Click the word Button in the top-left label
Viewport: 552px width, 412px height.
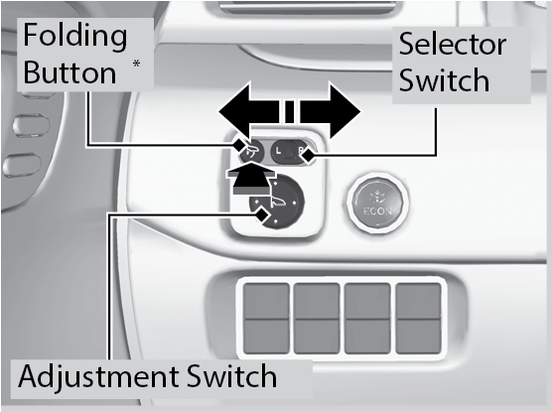click(69, 72)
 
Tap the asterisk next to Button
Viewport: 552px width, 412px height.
click(136, 64)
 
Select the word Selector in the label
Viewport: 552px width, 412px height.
click(453, 44)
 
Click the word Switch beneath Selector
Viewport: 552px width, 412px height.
click(444, 80)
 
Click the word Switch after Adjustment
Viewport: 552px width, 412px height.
click(231, 375)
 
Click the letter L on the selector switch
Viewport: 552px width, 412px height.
click(278, 151)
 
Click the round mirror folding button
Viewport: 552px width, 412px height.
click(252, 152)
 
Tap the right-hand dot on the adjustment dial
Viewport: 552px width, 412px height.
click(294, 203)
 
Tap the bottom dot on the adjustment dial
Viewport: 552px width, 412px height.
click(275, 221)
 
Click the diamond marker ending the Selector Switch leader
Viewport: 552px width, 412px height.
click(308, 155)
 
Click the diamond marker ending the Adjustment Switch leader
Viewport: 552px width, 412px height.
click(261, 213)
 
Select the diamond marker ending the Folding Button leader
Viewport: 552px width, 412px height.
click(239, 144)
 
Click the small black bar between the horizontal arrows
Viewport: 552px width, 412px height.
click(289, 111)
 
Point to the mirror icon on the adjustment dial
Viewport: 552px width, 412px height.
click(277, 203)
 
